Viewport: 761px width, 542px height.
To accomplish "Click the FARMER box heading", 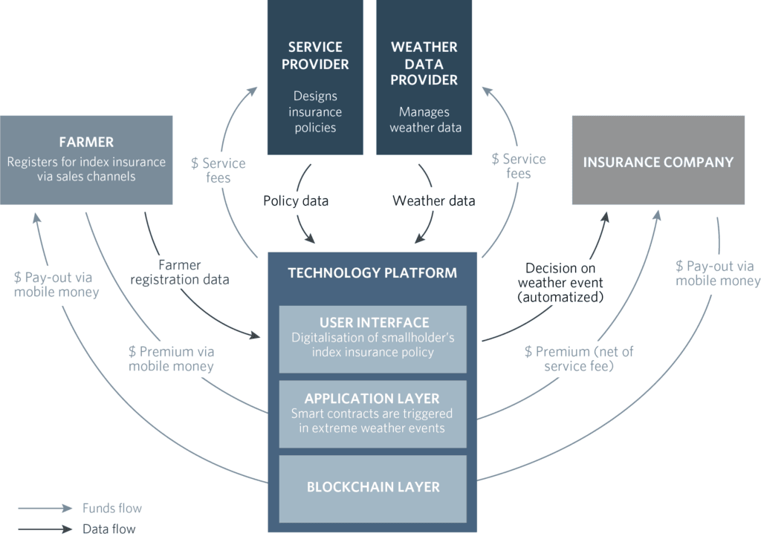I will click(86, 142).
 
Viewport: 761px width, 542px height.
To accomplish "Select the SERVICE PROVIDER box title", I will click(315, 56).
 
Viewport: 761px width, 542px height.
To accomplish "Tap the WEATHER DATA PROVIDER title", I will click(424, 63).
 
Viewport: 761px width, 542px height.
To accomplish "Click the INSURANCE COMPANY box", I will click(658, 162).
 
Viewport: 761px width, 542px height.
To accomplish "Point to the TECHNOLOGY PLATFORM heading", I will click(372, 272).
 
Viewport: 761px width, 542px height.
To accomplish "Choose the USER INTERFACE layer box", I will click(372, 338).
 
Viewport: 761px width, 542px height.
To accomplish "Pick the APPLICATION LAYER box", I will click(372, 414).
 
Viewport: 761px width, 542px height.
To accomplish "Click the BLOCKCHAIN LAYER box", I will click(372, 487).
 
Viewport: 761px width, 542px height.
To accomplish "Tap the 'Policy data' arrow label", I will click(295, 200).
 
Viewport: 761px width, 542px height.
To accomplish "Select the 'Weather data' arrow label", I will click(433, 200).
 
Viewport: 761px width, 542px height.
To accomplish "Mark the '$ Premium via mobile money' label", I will click(171, 359).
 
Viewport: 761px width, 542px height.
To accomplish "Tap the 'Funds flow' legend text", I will click(111, 509).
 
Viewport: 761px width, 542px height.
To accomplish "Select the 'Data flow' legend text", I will click(109, 529).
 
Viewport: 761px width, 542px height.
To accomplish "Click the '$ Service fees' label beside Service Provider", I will click(218, 170).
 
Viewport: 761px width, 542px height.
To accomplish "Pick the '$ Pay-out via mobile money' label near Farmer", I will click(56, 284).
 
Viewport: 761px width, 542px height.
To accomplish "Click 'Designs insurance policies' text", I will click(315, 111).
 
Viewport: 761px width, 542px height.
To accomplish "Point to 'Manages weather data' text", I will click(424, 120).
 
